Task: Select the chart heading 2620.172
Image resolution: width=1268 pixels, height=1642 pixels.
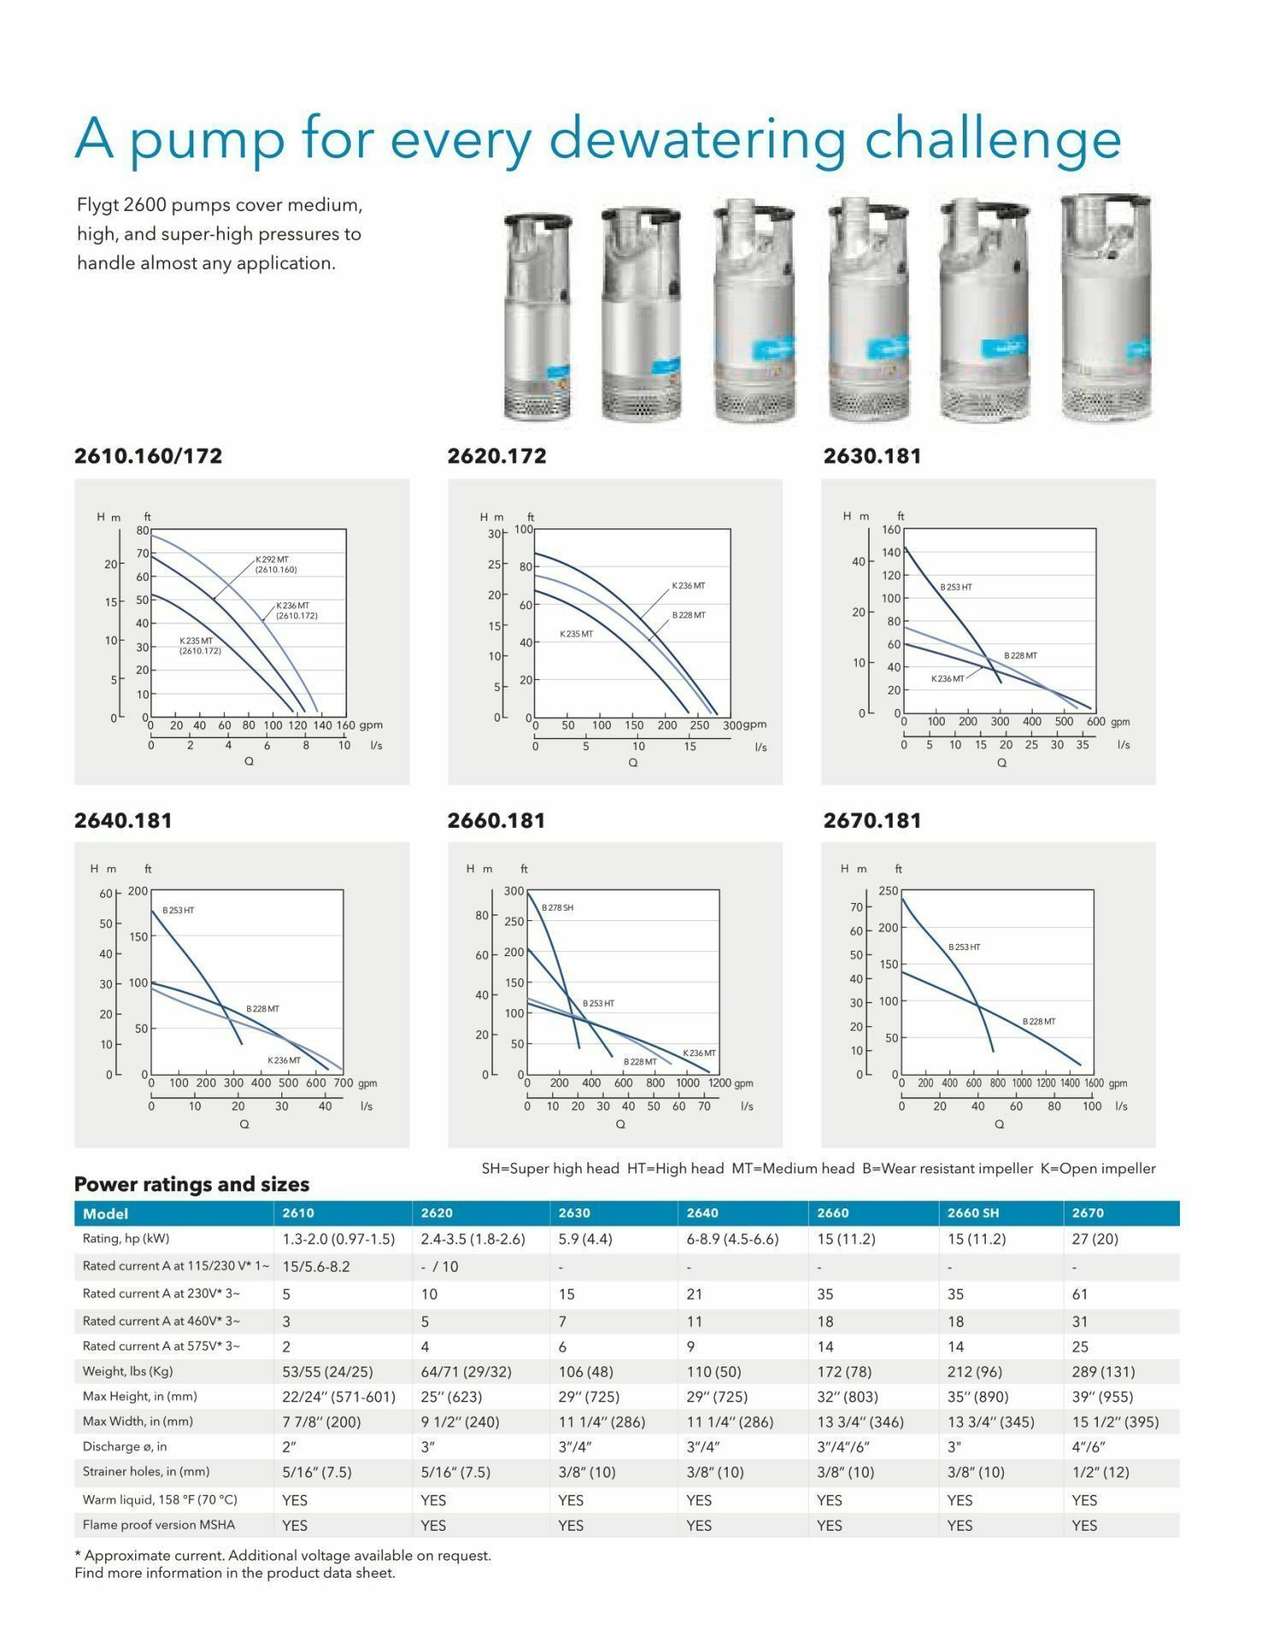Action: click(497, 456)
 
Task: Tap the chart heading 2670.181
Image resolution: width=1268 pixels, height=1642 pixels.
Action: click(872, 820)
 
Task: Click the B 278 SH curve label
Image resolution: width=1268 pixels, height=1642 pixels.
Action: click(557, 907)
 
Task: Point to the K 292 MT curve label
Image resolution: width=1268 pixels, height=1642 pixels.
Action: click(272, 560)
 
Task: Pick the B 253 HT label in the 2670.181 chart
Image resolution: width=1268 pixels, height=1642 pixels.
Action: click(964, 947)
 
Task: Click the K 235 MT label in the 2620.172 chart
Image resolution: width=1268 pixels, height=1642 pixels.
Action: click(576, 634)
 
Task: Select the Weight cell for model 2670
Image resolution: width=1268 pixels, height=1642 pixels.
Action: click(1103, 1372)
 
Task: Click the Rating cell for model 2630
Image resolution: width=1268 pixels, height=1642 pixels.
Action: click(586, 1239)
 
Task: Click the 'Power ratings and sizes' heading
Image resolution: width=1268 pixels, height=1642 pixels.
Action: click(192, 1184)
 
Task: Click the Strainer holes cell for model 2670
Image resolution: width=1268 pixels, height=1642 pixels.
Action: click(1100, 1472)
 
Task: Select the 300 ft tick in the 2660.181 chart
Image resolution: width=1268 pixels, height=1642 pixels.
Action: click(514, 891)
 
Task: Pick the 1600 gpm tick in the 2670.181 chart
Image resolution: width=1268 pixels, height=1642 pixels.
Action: click(1094, 1083)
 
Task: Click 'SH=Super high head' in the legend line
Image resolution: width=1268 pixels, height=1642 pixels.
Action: click(551, 1168)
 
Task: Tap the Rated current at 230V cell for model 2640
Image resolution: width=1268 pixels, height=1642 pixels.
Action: click(694, 1295)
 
